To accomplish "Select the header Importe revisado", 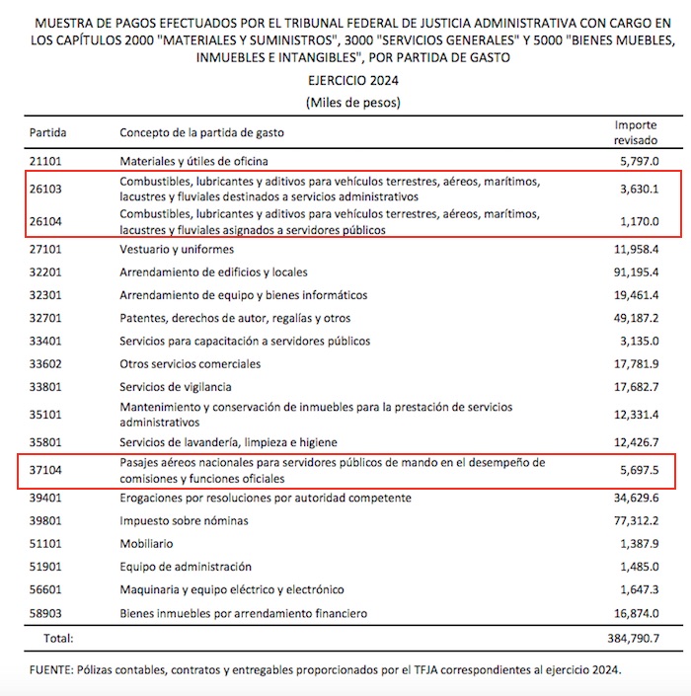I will pyautogui.click(x=638, y=132).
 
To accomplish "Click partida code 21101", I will pyautogui.click(x=46, y=160).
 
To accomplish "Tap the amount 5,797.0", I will pyautogui.click(x=639, y=160).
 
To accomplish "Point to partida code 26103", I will pyautogui.click(x=46, y=190).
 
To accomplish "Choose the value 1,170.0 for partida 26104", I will pyautogui.click(x=639, y=222).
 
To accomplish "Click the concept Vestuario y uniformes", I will pyautogui.click(x=177, y=250).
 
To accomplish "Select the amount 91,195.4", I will pyautogui.click(x=636, y=272).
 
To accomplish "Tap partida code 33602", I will pyautogui.click(x=46, y=364).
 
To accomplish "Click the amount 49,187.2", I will pyautogui.click(x=636, y=319).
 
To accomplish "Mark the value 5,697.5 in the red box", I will pyautogui.click(x=639, y=470).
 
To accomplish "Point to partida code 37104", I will pyautogui.click(x=46, y=470).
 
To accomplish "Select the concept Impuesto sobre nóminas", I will pyautogui.click(x=184, y=521).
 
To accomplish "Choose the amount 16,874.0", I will pyautogui.click(x=636, y=613).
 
